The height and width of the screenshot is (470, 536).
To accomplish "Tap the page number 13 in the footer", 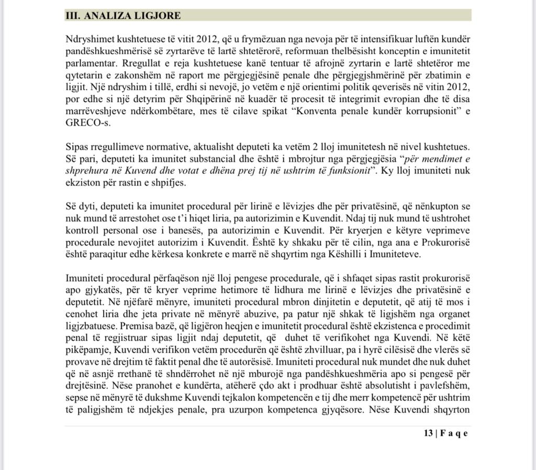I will (x=429, y=433).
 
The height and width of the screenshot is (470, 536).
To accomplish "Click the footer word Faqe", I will (x=454, y=433).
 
